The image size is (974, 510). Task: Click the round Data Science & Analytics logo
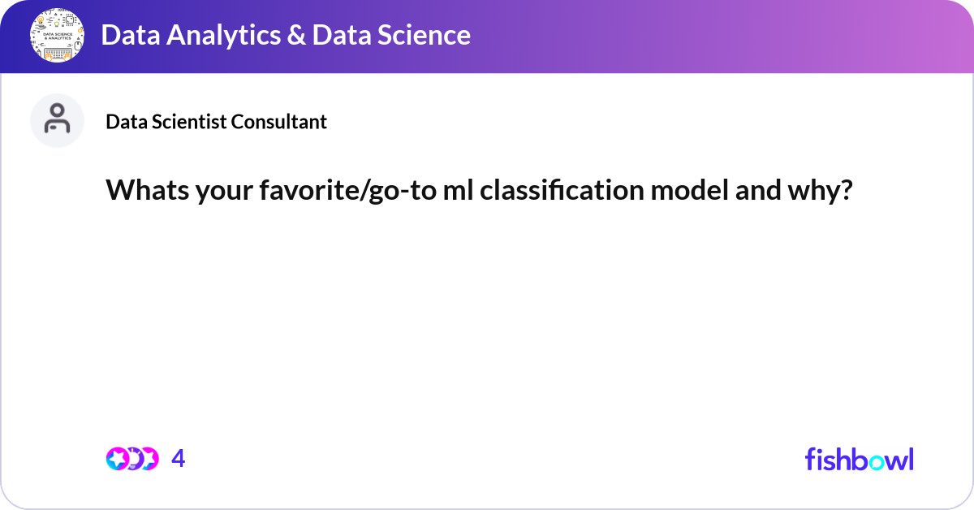coord(58,36)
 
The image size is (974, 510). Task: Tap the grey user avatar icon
coord(57,120)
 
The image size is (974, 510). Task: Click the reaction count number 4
coord(179,459)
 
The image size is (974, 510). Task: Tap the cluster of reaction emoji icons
coord(131,459)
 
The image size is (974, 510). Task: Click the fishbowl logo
coord(859,459)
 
